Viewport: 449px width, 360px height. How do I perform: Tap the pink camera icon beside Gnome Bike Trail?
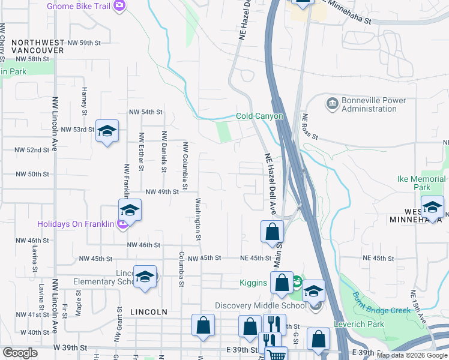click(119, 5)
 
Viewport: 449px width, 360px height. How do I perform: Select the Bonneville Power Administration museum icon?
click(332, 104)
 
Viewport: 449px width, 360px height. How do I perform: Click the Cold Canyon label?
click(259, 116)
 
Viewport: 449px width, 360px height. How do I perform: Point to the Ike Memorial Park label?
click(421, 183)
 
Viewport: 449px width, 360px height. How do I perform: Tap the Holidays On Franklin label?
click(75, 224)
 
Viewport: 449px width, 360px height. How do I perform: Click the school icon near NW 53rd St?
click(107, 132)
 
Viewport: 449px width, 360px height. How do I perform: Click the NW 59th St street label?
click(84, 43)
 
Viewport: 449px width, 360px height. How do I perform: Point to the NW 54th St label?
click(146, 112)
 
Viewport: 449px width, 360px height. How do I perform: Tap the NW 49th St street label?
click(162, 191)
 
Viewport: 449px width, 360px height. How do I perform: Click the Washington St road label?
click(197, 218)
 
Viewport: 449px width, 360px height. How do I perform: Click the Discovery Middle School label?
click(268, 305)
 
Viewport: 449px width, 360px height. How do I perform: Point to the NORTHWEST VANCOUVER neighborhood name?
click(37, 47)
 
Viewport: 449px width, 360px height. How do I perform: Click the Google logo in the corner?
click(20, 353)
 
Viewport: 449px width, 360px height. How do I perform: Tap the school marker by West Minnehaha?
click(432, 208)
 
